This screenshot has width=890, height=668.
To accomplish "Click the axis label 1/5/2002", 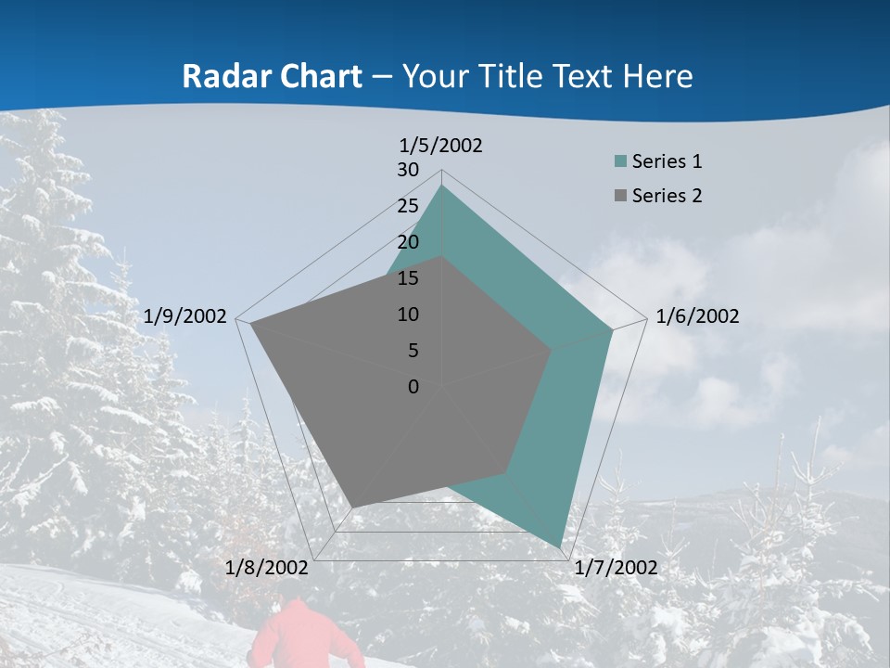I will point(441,146).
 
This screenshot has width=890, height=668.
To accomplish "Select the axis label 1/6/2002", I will point(697,316).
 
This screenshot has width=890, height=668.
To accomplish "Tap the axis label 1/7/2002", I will point(616,568).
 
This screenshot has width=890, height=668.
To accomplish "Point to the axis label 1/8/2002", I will point(267,568).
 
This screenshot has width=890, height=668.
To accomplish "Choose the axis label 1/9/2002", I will point(185,316).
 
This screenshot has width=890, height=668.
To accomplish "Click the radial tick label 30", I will point(408,170).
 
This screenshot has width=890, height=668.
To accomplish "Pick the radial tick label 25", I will point(408,206).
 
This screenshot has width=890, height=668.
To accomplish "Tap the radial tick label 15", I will point(408,278).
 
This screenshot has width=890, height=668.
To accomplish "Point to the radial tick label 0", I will point(413,387).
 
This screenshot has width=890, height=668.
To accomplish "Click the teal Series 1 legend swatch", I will point(620,161).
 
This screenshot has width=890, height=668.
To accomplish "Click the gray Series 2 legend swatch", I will point(620,196).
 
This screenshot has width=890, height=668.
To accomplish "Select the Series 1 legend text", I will point(667,161).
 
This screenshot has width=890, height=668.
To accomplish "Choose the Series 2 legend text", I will point(667,196).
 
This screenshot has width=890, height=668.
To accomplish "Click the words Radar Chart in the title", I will point(272,76).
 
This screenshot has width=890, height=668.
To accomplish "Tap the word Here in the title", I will point(657,76).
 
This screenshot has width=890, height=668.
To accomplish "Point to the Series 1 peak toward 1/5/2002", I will point(442,186).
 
